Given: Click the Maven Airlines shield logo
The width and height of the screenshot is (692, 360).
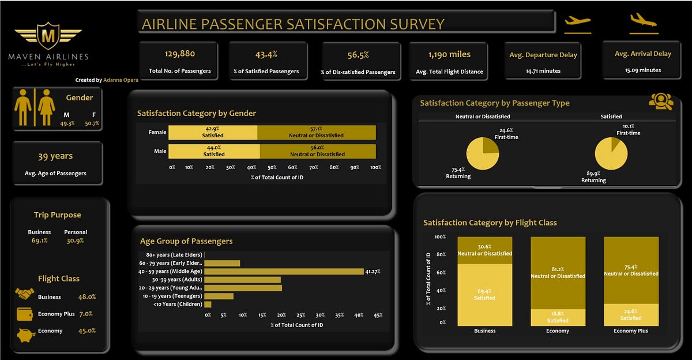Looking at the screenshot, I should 48,36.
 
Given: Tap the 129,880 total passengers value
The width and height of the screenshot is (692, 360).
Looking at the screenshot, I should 180,54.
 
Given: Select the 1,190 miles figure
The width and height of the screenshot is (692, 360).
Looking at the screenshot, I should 449,55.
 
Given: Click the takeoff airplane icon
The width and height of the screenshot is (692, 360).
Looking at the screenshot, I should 578,21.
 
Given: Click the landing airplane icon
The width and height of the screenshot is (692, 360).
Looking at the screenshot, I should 644,20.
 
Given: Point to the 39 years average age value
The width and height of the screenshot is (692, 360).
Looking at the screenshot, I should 55,156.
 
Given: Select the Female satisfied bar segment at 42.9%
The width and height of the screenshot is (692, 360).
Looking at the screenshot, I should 214,133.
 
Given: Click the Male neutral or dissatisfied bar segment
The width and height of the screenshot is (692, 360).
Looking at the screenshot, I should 318,151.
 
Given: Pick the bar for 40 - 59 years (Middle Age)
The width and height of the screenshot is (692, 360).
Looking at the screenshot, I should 284,271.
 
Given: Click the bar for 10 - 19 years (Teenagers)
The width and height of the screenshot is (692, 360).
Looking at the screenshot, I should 219,296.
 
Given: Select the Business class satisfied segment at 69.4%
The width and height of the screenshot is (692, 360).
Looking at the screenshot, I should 484,294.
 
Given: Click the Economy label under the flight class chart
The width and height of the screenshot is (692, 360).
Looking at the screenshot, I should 558,331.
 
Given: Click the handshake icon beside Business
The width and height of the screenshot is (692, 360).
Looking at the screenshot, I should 24,294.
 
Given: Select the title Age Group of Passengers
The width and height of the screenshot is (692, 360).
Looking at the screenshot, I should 186,242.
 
